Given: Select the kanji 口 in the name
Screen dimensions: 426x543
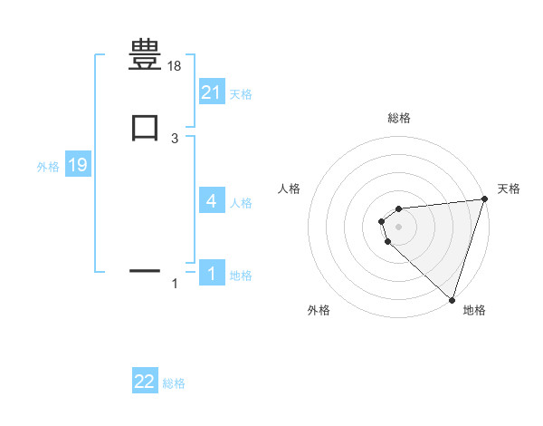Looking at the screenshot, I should (145, 127).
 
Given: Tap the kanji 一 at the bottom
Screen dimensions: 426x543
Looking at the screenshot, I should (145, 270).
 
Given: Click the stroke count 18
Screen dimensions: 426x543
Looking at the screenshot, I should (175, 66).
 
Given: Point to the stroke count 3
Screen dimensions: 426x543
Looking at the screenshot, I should (175, 138).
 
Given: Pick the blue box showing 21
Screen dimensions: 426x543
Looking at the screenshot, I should (211, 92).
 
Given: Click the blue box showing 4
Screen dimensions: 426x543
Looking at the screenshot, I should (211, 200).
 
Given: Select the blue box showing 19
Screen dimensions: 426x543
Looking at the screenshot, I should (78, 165).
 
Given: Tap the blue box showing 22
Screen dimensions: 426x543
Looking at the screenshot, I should (145, 382).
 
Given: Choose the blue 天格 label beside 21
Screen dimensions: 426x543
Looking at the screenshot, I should (241, 93).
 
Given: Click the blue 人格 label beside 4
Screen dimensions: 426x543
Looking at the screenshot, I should (241, 202).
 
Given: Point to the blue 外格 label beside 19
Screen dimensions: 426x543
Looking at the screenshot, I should (47, 167).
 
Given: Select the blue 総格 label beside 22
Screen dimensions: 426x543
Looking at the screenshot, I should (174, 383).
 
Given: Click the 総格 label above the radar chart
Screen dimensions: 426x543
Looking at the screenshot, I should (398, 118).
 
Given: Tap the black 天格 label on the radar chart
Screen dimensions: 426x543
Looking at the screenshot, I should (509, 189).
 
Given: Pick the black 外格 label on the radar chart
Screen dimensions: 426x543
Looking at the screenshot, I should (319, 310).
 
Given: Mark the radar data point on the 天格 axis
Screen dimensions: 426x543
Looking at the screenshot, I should (483, 200).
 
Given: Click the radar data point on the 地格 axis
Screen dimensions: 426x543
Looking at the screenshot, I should (452, 299).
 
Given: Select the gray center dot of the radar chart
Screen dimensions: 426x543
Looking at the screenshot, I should (398, 226).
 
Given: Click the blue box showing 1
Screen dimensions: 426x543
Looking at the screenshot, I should (211, 273).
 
